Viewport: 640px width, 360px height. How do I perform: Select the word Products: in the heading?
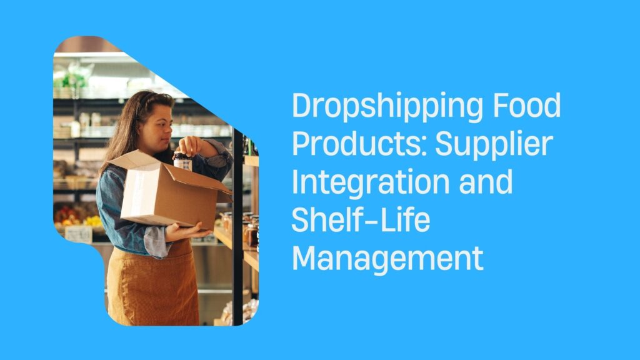click(x=358, y=144)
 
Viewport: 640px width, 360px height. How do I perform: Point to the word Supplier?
click(x=494, y=146)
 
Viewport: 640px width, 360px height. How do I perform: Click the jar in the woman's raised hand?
click(x=182, y=161)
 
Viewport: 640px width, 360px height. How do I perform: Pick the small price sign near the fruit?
click(x=79, y=234)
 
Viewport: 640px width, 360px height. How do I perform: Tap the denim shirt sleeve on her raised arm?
click(x=216, y=159)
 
